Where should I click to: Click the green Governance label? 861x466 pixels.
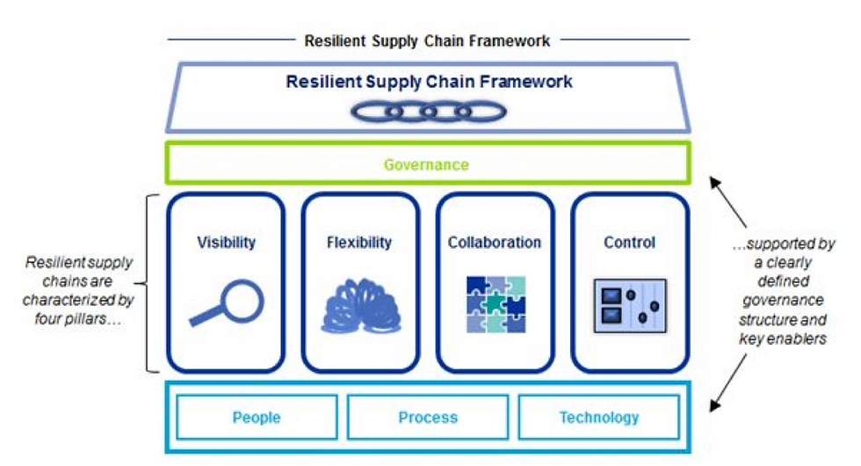tap(426, 164)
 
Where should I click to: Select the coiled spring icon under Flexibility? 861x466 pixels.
tap(361, 306)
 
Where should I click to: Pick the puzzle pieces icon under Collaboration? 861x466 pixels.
tap(496, 304)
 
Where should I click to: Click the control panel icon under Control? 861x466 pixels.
tap(631, 306)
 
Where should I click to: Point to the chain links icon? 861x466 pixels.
tap(429, 112)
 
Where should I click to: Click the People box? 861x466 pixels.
tap(257, 417)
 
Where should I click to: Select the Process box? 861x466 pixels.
tap(428, 417)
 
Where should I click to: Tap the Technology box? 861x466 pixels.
tap(599, 417)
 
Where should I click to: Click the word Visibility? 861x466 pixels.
tap(227, 243)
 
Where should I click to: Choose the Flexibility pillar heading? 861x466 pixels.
tap(359, 243)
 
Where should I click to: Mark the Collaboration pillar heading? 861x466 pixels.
tap(494, 243)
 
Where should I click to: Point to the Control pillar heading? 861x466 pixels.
tap(629, 243)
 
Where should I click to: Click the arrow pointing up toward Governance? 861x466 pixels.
tap(728, 201)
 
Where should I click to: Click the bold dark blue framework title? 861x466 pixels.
tap(429, 81)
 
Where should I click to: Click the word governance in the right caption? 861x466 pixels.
tap(783, 301)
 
